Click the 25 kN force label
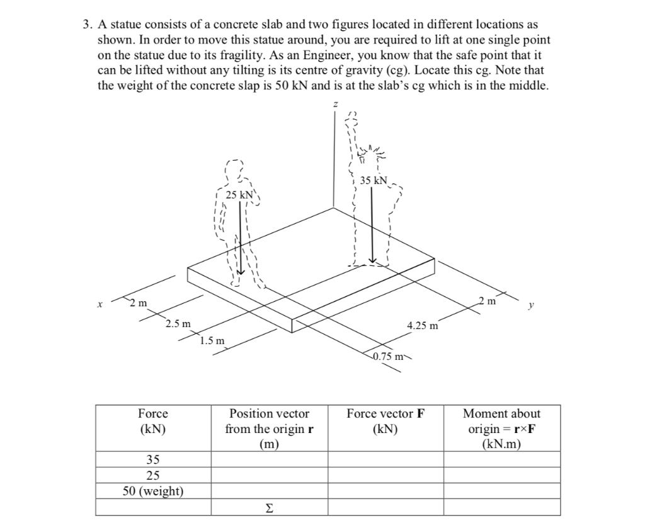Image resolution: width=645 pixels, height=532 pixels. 239,195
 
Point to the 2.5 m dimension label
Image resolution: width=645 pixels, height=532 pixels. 178,324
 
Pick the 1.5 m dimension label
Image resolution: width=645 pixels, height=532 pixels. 212,341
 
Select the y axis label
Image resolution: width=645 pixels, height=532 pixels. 533,304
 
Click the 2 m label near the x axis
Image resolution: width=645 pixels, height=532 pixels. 139,303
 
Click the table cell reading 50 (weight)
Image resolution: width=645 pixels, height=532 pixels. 153,491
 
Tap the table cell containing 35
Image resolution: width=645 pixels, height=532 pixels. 153,459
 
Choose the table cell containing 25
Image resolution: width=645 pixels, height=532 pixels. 153,475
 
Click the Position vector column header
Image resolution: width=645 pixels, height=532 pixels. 269,429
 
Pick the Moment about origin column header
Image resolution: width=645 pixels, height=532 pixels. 501,429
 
